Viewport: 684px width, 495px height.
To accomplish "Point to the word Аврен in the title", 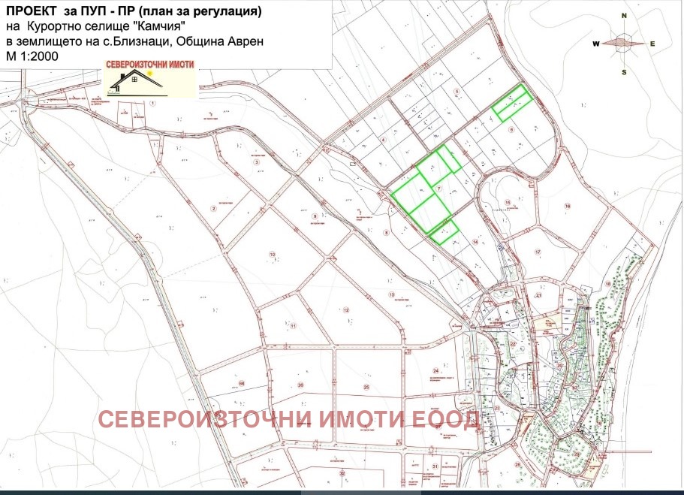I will tap(245, 41).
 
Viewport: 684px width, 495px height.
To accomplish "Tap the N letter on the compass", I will tap(624, 15).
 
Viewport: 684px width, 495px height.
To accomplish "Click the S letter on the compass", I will tap(624, 72).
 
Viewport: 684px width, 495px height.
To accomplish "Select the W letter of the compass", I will tap(595, 44).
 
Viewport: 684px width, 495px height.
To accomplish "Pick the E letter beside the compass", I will tap(652, 44).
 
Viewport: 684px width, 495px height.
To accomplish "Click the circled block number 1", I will tap(152, 102).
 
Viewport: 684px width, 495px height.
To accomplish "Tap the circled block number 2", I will tap(214, 209).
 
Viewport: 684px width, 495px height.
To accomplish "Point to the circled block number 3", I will tap(256, 161).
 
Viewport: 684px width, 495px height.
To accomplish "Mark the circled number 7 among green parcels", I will tap(438, 187).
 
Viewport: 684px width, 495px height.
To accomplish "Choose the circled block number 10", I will tap(272, 253).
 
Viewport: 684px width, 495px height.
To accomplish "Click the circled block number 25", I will tap(366, 387).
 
